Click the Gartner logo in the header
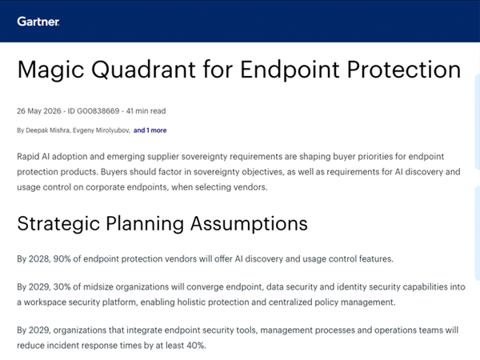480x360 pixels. click(38, 22)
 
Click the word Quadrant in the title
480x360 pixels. click(143, 70)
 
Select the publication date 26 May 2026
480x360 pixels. click(39, 111)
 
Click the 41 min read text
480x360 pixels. click(146, 111)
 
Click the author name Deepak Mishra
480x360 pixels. click(47, 130)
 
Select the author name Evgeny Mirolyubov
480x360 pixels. click(102, 130)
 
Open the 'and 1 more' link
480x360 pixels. click(150, 130)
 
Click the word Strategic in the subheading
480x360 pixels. click(58, 224)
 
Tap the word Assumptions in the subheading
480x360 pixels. click(249, 223)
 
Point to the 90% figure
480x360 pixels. click(62, 259)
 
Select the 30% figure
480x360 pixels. click(62, 287)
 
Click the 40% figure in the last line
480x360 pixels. click(196, 346)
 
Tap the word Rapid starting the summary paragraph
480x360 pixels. click(28, 157)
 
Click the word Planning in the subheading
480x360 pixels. click(145, 224)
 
